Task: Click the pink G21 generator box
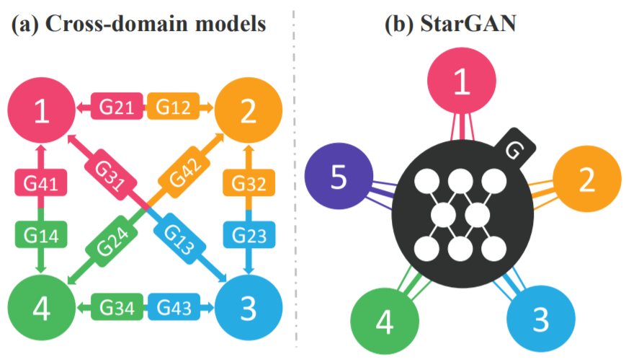(116, 108)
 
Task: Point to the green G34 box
(116, 308)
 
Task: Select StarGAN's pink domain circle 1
(462, 84)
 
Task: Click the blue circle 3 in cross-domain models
(249, 309)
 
